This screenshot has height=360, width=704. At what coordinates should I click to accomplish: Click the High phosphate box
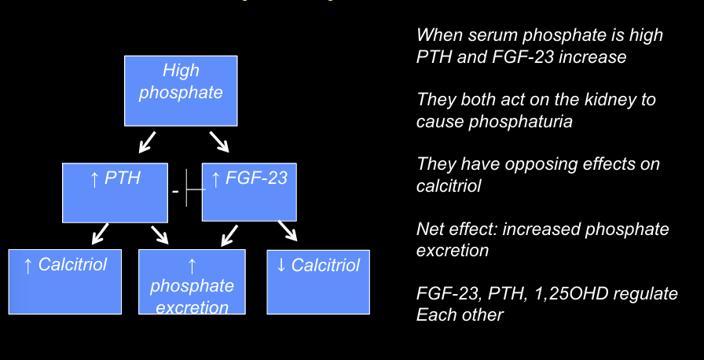coord(181,90)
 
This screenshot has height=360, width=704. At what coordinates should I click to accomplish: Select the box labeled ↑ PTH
coord(115,192)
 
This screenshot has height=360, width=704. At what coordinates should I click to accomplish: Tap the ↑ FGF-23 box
coord(249,192)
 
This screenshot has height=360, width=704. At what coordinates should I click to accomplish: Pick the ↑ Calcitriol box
coord(65,281)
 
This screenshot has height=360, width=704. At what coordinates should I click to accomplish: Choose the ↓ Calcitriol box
coord(318,281)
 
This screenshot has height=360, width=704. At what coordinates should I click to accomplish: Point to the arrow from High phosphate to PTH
coord(146,142)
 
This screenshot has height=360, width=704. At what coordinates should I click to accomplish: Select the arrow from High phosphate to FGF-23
coord(218,142)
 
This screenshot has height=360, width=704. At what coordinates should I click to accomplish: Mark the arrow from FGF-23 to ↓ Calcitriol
coord(287,231)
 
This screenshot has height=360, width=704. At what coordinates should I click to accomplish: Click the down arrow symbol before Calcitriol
coord(281,266)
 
